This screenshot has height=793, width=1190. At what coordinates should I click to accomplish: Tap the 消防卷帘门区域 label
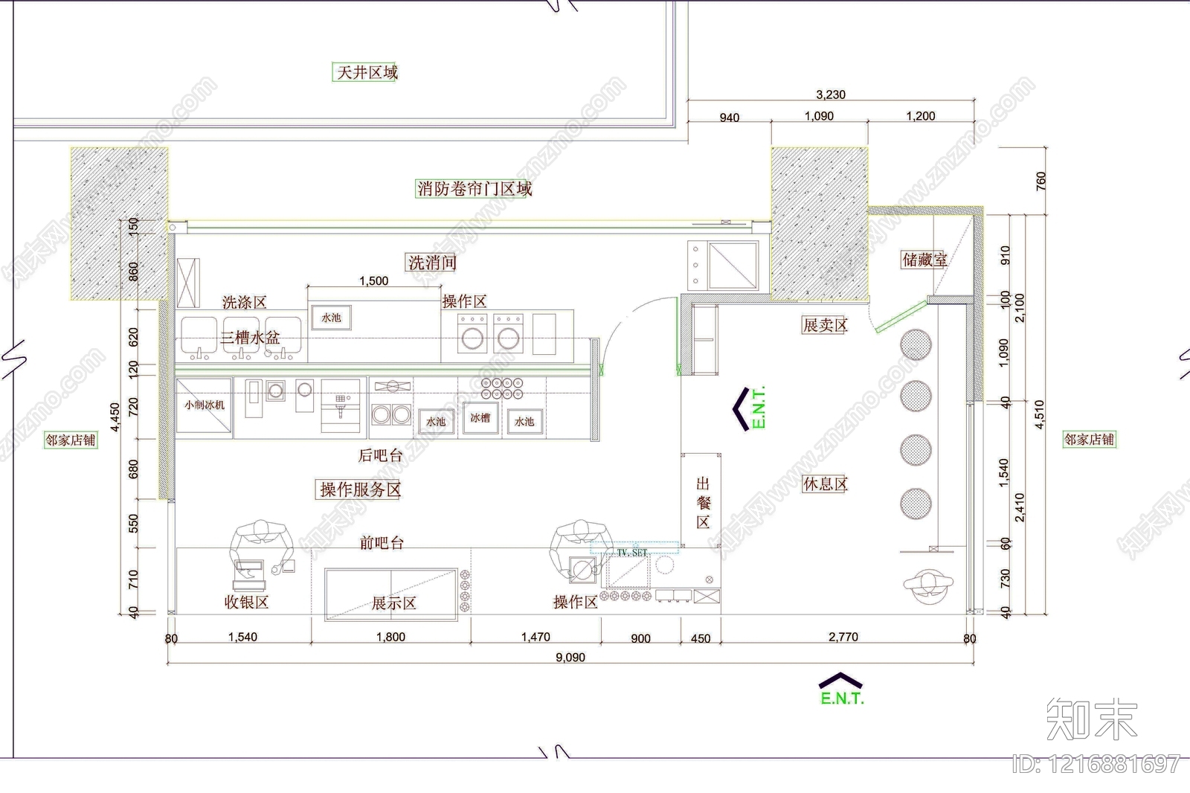475,188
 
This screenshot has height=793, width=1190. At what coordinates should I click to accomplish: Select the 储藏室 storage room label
924,260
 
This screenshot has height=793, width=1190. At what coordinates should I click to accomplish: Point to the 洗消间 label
431,263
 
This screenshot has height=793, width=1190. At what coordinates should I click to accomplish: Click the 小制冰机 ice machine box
204,405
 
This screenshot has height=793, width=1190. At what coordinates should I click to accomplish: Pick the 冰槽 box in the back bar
480,419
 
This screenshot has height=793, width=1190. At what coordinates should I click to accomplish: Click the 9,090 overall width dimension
570,658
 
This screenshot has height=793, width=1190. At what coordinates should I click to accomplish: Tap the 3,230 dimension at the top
830,94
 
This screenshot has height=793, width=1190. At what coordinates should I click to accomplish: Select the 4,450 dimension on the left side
115,418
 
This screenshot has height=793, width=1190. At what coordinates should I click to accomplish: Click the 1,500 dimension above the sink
373,280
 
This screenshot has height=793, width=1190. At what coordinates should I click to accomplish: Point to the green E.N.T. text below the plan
842,699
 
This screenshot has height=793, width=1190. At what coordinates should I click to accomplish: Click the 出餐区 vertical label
703,503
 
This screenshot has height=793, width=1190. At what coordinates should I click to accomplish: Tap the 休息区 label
825,484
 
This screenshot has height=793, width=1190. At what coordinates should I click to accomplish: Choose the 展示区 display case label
393,603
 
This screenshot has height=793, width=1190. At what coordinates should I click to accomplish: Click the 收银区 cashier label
246,602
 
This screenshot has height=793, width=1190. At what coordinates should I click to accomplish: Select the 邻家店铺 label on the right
1089,440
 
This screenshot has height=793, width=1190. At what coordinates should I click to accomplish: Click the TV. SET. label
632,553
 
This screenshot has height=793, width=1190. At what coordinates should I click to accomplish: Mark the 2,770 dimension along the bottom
843,637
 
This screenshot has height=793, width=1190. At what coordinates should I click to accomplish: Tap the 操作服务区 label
361,489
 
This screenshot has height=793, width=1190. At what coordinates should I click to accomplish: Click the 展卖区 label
825,325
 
